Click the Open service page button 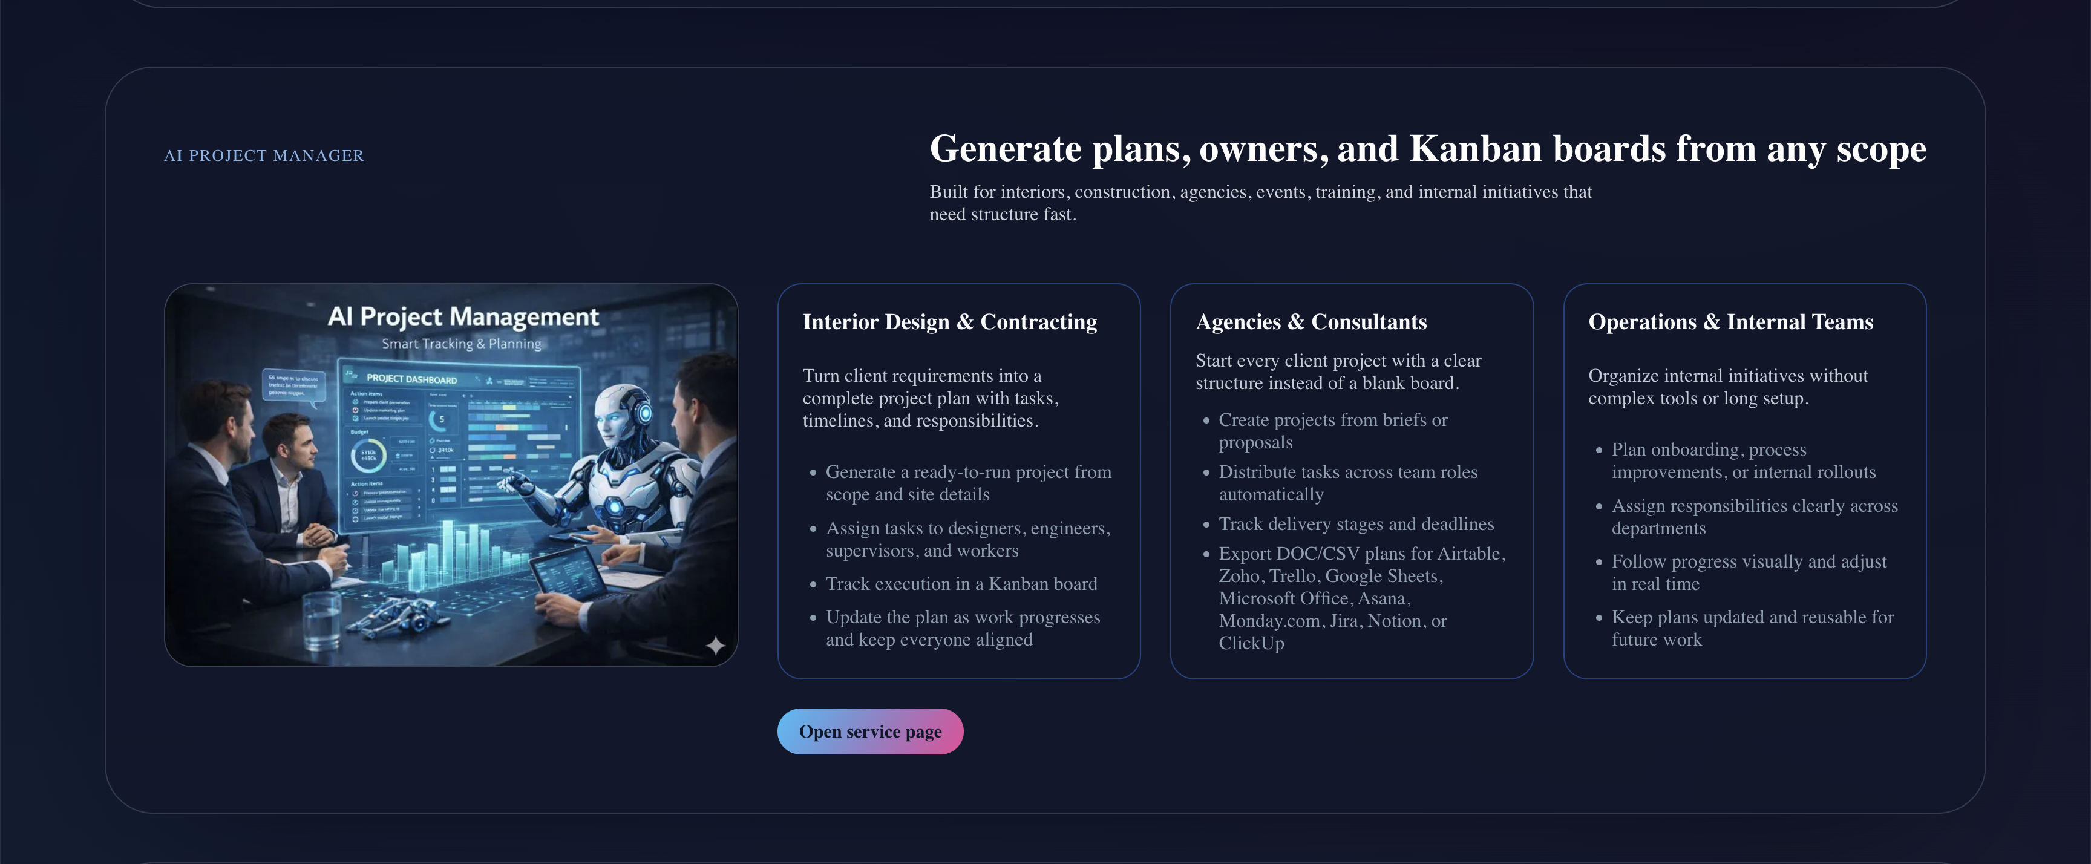[870, 731]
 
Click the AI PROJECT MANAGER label [264, 155]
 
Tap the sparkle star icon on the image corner [715, 645]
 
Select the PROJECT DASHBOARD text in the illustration [411, 379]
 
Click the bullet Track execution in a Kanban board [961, 584]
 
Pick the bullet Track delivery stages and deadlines [1355, 524]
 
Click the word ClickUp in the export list [1251, 643]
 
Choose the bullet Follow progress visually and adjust [1749, 562]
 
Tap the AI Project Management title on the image [463, 316]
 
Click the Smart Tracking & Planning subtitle [461, 344]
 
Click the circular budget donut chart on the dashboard [368, 455]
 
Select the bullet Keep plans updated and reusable [1752, 617]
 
